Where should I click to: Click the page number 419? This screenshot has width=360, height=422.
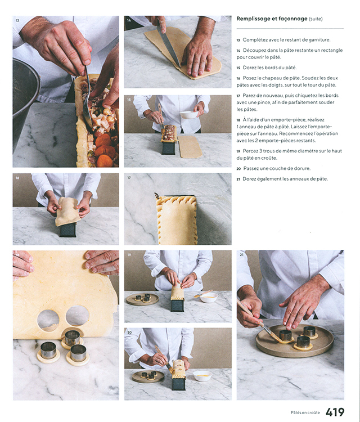pyautogui.click(x=335, y=412)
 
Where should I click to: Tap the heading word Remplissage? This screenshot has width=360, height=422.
pyautogui.click(x=253, y=19)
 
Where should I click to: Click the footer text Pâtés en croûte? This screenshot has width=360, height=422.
pyautogui.click(x=305, y=412)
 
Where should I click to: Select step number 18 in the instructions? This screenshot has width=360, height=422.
pyautogui.click(x=238, y=120)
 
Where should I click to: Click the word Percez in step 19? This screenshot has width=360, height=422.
pyautogui.click(x=249, y=151)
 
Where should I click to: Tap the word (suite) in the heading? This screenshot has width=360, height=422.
pyautogui.click(x=316, y=19)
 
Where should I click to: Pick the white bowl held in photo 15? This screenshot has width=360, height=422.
pyautogui.click(x=189, y=115)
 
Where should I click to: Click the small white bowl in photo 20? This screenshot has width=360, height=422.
pyautogui.click(x=202, y=376)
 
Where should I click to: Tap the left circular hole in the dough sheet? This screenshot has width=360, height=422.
pyautogui.click(x=48, y=320)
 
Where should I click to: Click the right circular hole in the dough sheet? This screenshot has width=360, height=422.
pyautogui.click(x=77, y=316)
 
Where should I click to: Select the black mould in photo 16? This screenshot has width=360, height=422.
pyautogui.click(x=67, y=230)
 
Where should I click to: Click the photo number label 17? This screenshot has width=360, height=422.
pyautogui.click(x=129, y=178)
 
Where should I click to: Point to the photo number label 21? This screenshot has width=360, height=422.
pyautogui.click(x=241, y=254)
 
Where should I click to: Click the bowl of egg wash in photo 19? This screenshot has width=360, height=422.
pyautogui.click(x=209, y=298)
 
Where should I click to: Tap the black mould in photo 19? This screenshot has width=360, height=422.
pyautogui.click(x=178, y=306)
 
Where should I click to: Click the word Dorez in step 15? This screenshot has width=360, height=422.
pyautogui.click(x=249, y=68)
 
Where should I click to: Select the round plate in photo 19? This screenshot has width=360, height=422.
pyautogui.click(x=142, y=299)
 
